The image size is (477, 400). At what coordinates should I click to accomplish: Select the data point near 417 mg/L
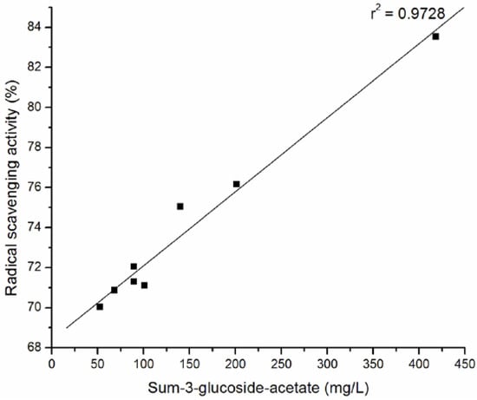click(x=435, y=36)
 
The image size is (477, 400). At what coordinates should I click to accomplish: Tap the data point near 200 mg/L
click(x=236, y=184)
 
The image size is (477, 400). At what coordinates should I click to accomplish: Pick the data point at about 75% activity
click(x=180, y=207)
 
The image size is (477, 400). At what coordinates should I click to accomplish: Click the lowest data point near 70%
click(x=100, y=306)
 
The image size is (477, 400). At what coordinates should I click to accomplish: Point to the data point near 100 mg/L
click(x=144, y=285)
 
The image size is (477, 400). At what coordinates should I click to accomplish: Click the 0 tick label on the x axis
click(x=52, y=363)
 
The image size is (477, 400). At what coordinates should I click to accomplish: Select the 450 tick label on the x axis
click(x=465, y=363)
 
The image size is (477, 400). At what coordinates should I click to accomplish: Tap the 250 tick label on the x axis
click(x=281, y=363)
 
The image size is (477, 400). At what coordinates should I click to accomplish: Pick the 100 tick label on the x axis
click(x=144, y=363)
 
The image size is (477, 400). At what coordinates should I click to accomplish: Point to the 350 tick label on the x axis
click(x=373, y=363)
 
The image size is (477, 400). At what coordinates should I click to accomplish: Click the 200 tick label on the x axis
click(x=235, y=363)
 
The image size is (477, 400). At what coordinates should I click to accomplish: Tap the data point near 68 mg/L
click(x=114, y=290)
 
